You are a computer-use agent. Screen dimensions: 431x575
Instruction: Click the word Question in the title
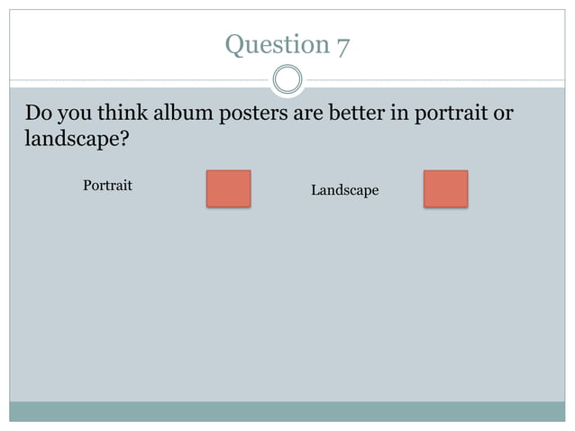(277, 44)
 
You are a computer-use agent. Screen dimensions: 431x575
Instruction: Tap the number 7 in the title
(343, 44)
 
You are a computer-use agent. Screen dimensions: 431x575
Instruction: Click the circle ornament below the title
(287, 80)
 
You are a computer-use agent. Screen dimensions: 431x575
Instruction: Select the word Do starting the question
(38, 115)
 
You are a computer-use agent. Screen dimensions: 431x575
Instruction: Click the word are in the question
(311, 115)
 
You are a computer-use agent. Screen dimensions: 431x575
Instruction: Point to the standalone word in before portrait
(403, 115)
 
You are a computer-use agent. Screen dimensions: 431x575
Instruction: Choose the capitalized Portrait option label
(107, 186)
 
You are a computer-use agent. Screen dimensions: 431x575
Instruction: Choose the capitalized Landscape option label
(344, 190)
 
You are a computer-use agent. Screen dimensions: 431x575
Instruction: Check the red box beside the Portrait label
(228, 188)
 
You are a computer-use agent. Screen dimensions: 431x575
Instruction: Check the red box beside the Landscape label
(445, 188)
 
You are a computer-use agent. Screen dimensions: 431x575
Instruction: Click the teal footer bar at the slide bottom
(287, 411)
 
